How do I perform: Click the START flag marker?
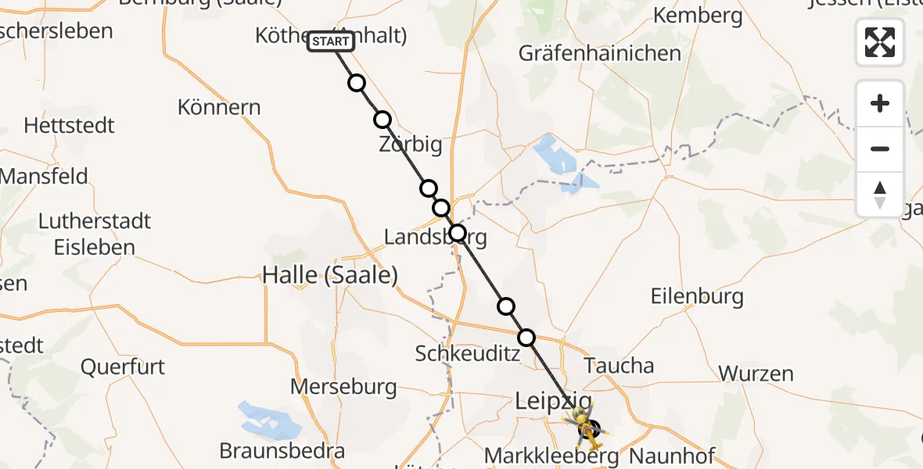pyautogui.click(x=331, y=41)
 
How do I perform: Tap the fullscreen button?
pyautogui.click(x=880, y=42)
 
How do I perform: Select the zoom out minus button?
pyautogui.click(x=880, y=149)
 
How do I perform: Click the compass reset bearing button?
pyautogui.click(x=880, y=194)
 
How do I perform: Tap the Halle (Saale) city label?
pyautogui.click(x=330, y=274)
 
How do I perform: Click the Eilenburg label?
pyautogui.click(x=697, y=296)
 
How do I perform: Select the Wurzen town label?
pyautogui.click(x=756, y=373)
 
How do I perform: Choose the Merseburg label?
pyautogui.click(x=343, y=386)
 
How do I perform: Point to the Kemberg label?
pyautogui.click(x=697, y=15)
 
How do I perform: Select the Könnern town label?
pyautogui.click(x=219, y=106)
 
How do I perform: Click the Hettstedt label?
pyautogui.click(x=69, y=125)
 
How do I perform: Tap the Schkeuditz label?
pyautogui.click(x=468, y=353)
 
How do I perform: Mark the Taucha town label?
pyautogui.click(x=619, y=365)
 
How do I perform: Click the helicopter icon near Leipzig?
pyautogui.click(x=585, y=426)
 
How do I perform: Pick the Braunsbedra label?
pyautogui.click(x=282, y=451)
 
